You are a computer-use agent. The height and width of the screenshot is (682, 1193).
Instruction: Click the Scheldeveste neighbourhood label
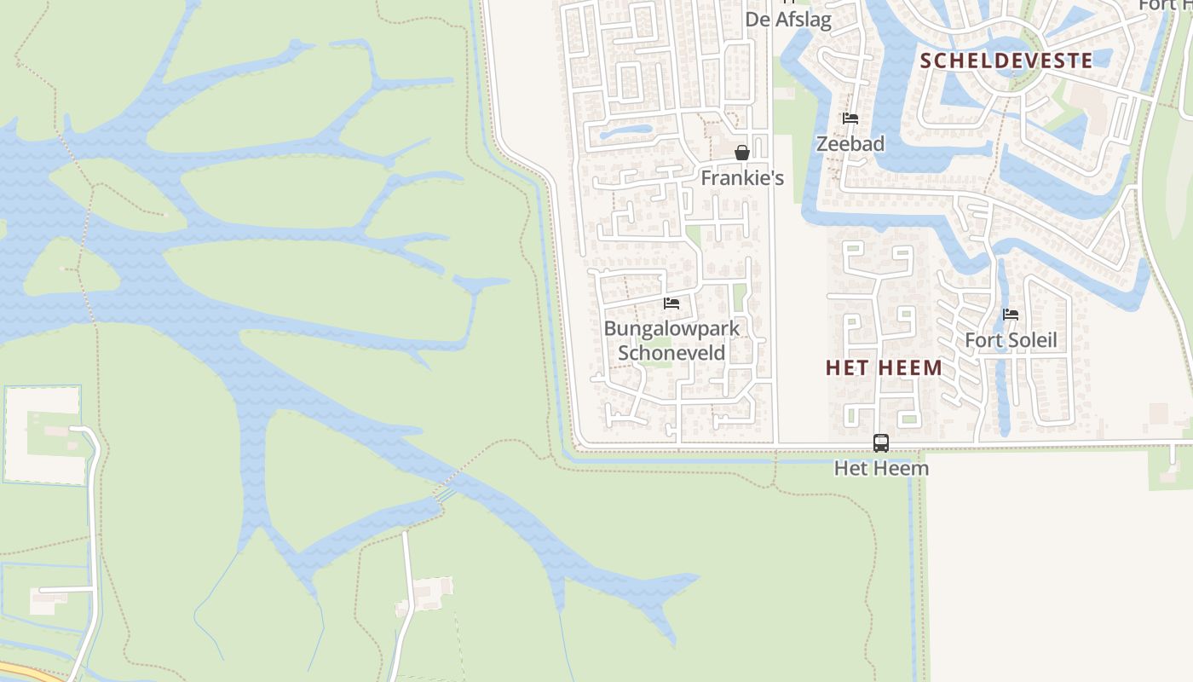coord(1006,61)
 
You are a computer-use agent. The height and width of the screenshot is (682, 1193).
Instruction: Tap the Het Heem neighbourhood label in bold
coord(884,368)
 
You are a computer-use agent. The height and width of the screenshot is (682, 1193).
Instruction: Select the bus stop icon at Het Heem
coord(881,443)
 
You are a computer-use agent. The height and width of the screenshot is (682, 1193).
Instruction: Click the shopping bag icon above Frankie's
coord(742,153)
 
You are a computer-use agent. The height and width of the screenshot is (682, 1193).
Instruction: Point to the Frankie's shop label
coord(741,178)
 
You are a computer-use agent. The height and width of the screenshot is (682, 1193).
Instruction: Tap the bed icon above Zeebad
coord(850,118)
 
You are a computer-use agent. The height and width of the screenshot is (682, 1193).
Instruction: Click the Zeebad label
coord(850,144)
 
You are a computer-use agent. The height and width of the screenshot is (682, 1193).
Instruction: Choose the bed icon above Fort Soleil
coord(1011,315)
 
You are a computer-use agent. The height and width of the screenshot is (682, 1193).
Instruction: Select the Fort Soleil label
coord(1011,340)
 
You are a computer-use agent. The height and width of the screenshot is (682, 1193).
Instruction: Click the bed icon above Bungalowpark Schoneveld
coord(671,303)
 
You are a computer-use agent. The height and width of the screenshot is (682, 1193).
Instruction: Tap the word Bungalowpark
coord(671,328)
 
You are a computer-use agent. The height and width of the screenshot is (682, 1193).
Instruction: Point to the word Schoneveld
coord(671,353)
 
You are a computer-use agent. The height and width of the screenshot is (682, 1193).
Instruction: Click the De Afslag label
coord(788,20)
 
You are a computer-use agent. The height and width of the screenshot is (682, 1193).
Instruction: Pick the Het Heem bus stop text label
coord(881,468)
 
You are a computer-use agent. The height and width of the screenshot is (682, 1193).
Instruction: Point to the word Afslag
coord(802,20)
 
